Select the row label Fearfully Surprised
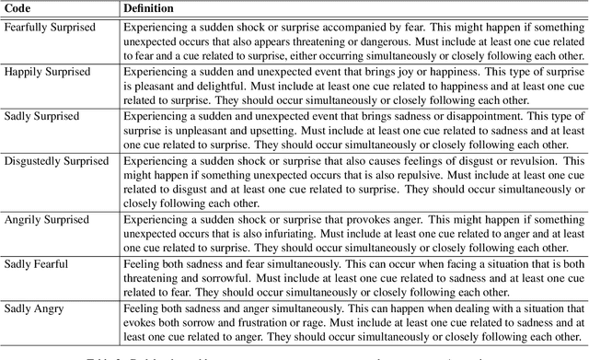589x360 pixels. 50,28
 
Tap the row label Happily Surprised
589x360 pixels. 46,72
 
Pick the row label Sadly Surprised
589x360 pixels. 42,116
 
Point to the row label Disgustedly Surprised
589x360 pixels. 57,160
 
